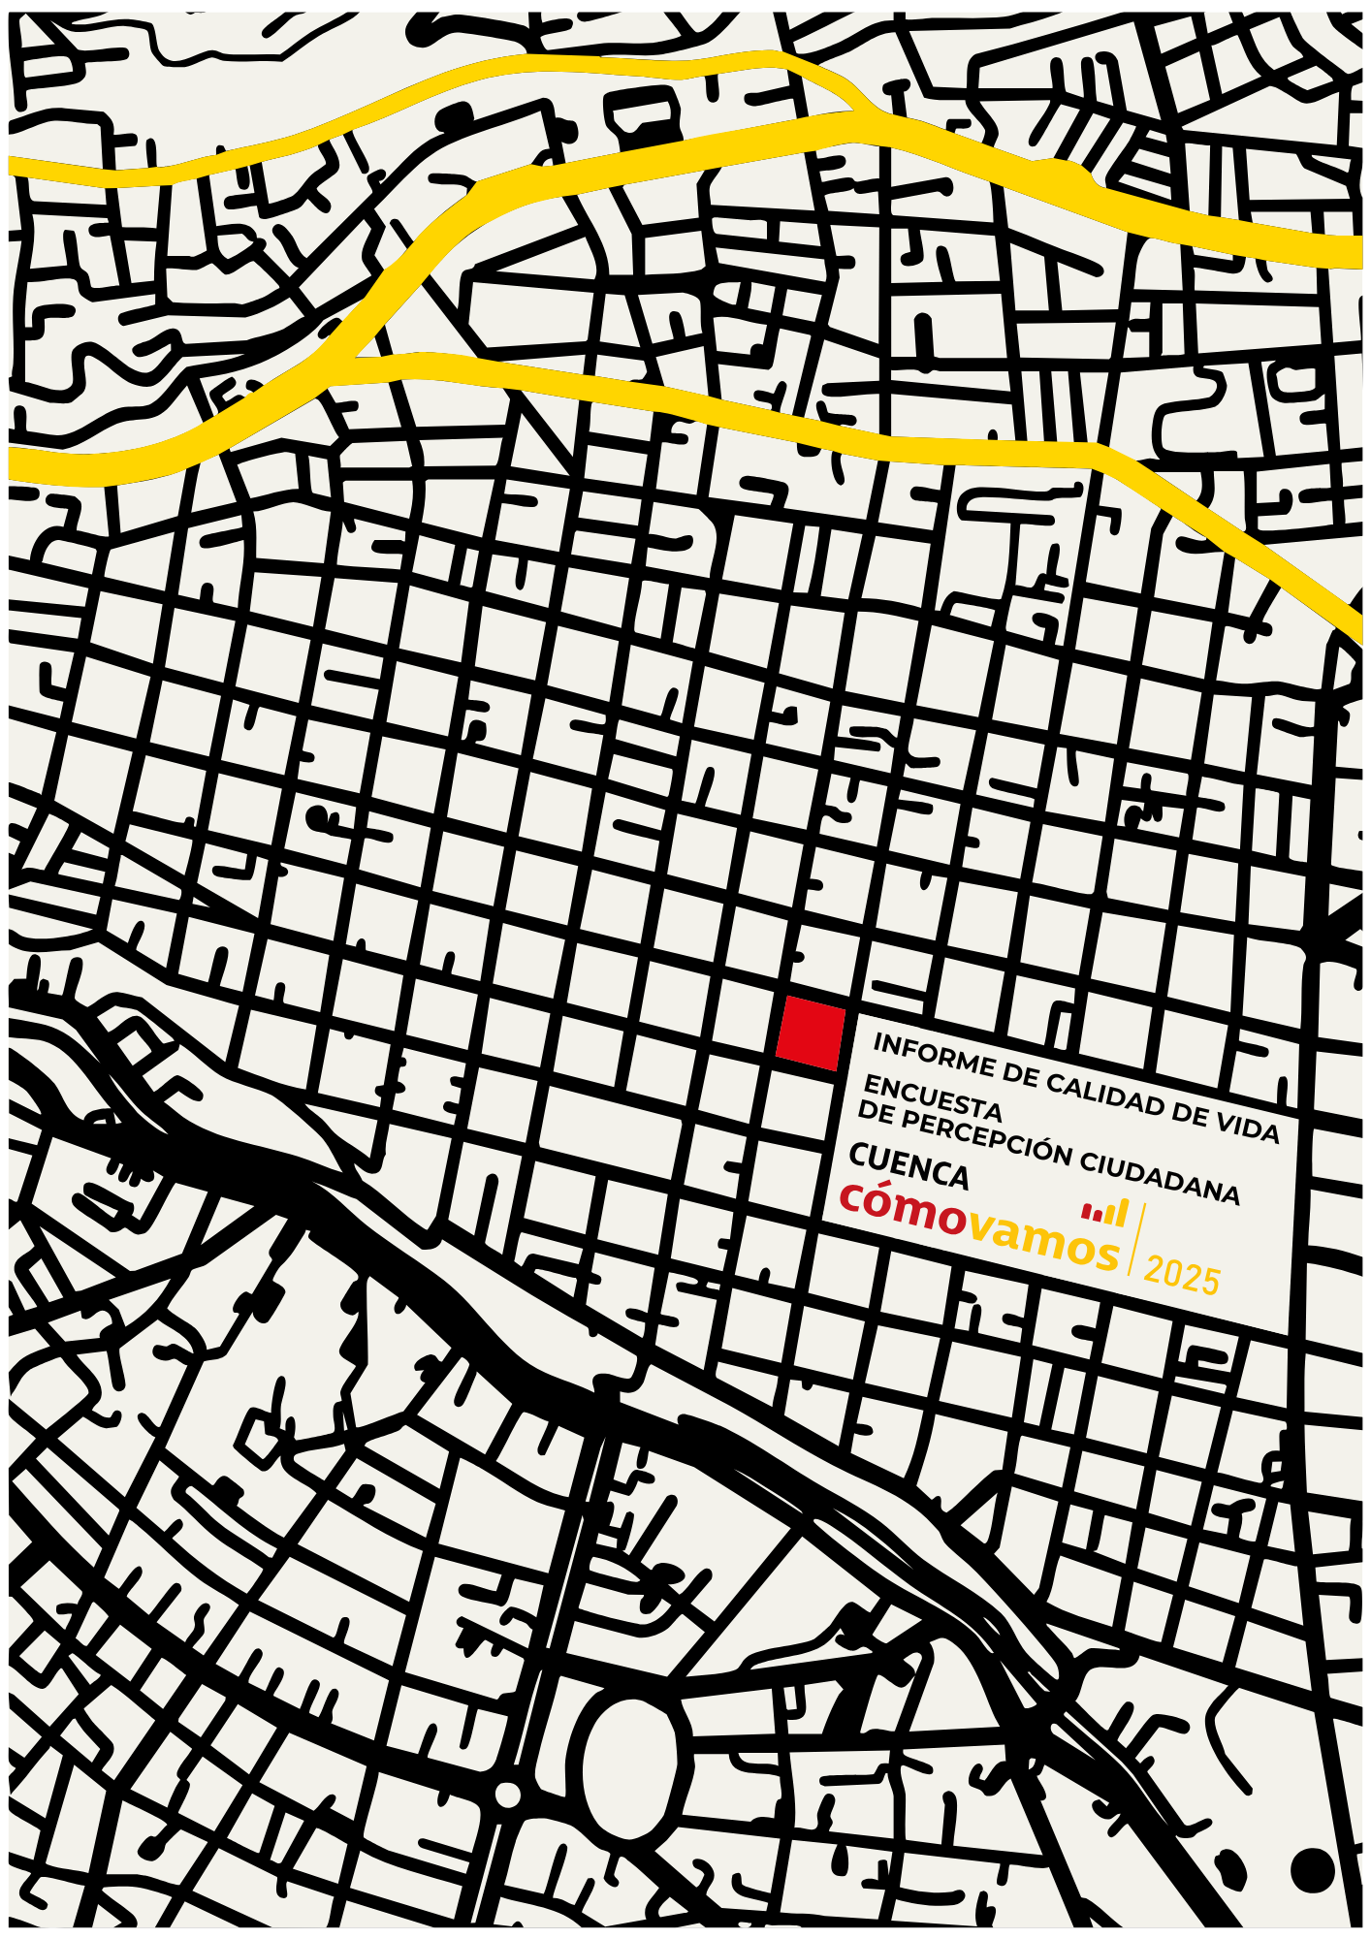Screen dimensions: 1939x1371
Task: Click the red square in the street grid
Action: coord(810,1033)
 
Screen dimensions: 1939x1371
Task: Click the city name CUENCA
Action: coord(909,1167)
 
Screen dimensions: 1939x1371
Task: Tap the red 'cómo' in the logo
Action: coord(903,1209)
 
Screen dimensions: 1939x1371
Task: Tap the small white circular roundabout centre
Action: coord(507,1795)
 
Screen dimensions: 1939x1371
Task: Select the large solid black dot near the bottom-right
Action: coord(1313,1868)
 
